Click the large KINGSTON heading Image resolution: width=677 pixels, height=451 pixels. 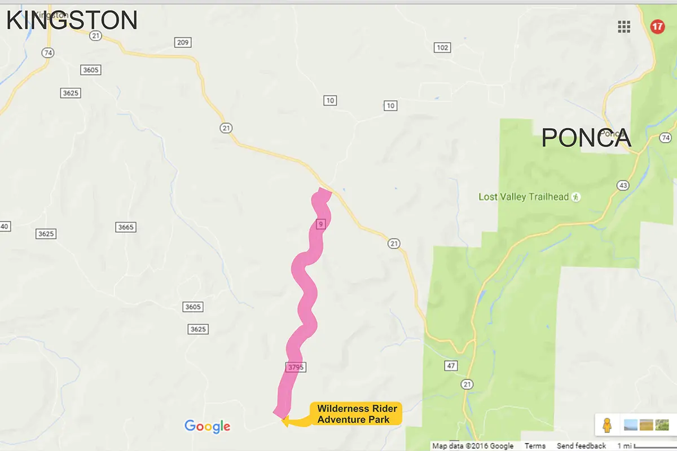click(72, 20)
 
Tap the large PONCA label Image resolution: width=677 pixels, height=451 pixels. click(586, 138)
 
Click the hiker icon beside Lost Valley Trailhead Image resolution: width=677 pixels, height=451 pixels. click(575, 197)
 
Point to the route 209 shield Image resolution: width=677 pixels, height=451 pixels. click(183, 42)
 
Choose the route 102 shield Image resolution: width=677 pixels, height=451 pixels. click(442, 47)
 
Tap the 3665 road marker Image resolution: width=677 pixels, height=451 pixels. click(125, 227)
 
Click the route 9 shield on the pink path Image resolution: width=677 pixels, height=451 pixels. click(320, 224)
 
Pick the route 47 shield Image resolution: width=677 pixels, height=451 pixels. click(450, 366)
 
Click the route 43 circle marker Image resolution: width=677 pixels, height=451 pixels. click(623, 185)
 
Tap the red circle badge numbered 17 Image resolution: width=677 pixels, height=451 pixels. click(657, 26)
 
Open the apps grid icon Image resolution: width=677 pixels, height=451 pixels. click(624, 26)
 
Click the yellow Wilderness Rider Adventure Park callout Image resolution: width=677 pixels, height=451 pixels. click(357, 414)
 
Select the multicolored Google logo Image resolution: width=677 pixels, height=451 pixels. click(207, 426)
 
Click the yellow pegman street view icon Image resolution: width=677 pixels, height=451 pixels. click(607, 425)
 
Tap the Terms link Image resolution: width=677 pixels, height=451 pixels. click(535, 446)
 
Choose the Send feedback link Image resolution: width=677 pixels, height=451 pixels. click(581, 446)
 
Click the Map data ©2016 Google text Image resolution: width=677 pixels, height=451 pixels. click(473, 446)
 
